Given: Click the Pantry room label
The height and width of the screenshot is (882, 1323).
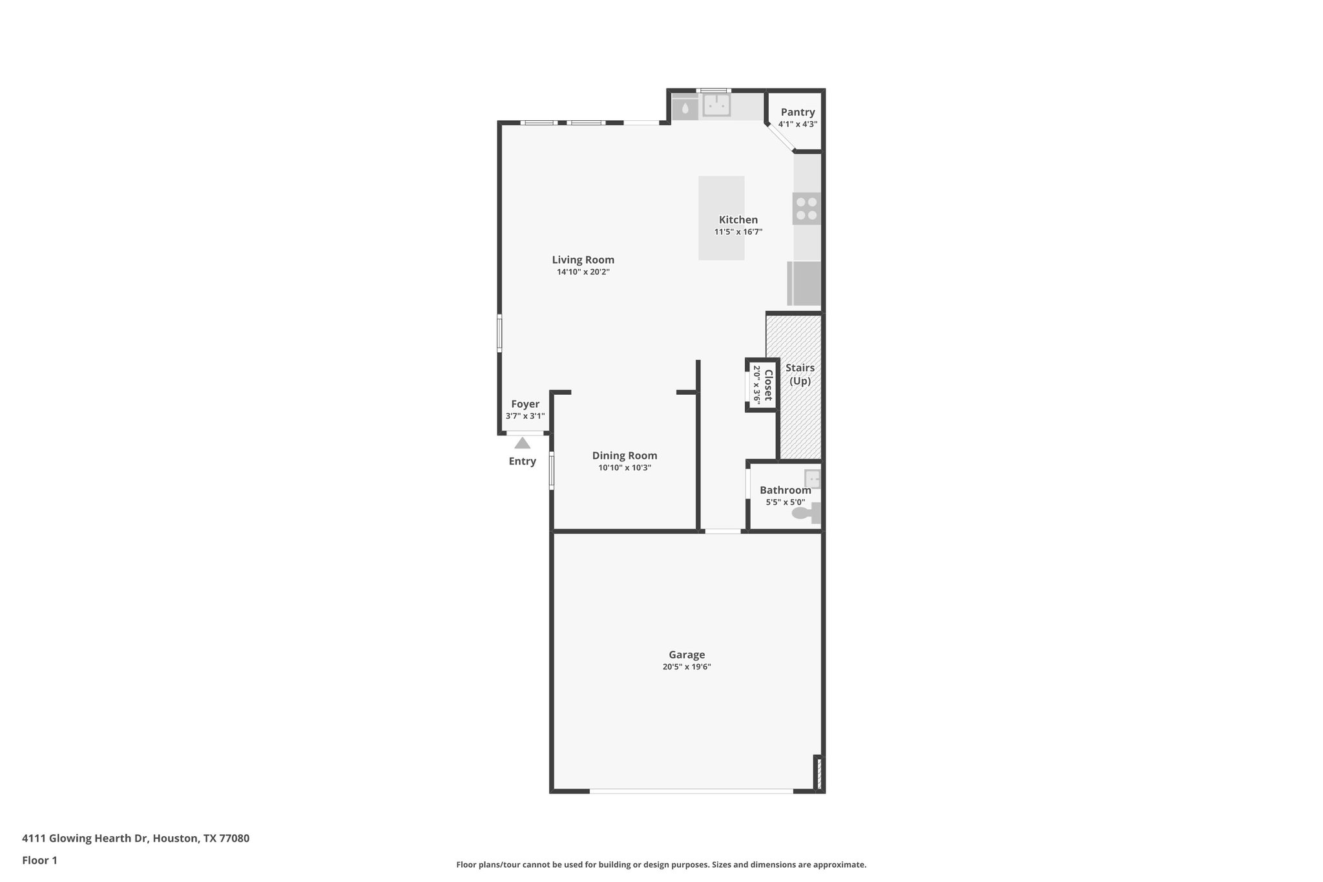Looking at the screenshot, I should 797,112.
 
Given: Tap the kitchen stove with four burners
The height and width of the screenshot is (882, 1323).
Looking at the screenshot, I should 806,209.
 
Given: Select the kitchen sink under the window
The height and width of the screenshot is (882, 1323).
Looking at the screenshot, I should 716,105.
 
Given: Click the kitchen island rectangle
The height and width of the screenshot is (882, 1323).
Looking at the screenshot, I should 721,194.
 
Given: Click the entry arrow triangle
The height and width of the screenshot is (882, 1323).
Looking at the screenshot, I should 522,443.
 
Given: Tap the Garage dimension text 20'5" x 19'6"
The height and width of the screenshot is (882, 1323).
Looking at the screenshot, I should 686,667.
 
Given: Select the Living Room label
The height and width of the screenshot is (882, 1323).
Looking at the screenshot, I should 583,260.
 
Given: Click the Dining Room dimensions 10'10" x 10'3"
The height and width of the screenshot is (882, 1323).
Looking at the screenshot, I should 624,468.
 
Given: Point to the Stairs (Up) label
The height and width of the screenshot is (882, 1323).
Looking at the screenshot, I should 800,374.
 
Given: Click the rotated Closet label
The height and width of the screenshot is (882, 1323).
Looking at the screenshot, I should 768,385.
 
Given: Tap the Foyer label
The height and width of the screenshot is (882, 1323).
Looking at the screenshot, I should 525,404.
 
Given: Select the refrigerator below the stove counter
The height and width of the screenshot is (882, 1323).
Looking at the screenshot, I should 804,283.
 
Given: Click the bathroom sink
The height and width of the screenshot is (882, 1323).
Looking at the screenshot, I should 812,479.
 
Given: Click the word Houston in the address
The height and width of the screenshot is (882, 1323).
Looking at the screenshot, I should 175,839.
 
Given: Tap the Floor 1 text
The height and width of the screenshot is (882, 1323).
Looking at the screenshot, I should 39,860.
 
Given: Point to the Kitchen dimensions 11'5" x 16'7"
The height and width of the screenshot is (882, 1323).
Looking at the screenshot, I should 738,232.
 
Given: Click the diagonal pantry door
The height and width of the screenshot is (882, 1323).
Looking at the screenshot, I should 780,138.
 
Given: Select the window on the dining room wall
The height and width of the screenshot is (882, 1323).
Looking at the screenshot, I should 552,470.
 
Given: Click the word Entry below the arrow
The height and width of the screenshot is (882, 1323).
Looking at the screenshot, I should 522,461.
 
